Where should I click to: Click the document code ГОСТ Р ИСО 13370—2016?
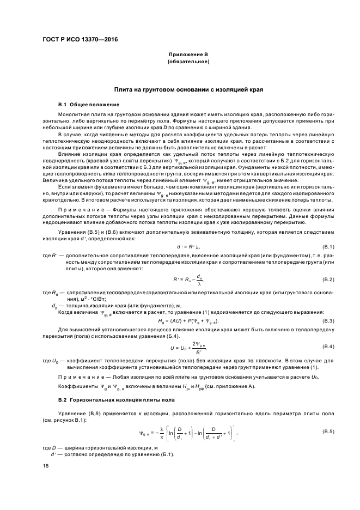pyautogui.click(x=80, y=40)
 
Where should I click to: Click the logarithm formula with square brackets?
pyautogui.click(x=188, y=431)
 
